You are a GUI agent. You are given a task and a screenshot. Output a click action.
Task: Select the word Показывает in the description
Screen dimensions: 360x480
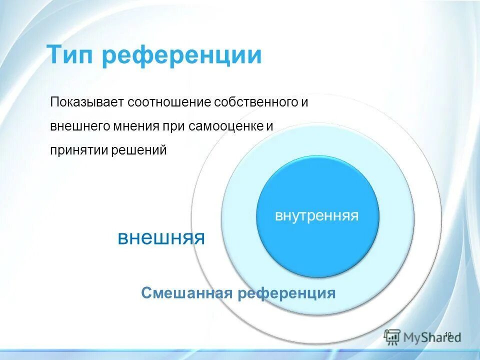tap(86, 103)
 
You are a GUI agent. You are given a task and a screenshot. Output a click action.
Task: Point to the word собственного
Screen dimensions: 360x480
tap(257, 103)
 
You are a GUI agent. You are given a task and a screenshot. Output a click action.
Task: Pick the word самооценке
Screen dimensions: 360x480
tap(226, 126)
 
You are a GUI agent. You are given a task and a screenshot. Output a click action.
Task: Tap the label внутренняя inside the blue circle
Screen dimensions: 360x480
tap(317, 216)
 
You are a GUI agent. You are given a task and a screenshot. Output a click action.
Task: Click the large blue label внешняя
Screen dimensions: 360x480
tap(161, 237)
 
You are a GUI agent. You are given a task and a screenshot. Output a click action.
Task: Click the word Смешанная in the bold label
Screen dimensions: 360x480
tap(187, 293)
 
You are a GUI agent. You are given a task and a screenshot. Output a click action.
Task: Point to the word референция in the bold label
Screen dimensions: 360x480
tap(286, 293)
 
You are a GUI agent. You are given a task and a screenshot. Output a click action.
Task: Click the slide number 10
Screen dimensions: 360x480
tap(447, 334)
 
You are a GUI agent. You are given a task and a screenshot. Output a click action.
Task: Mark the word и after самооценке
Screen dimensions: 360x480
tap(269, 126)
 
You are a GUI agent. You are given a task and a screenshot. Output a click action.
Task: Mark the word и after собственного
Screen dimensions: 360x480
tap(305, 103)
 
